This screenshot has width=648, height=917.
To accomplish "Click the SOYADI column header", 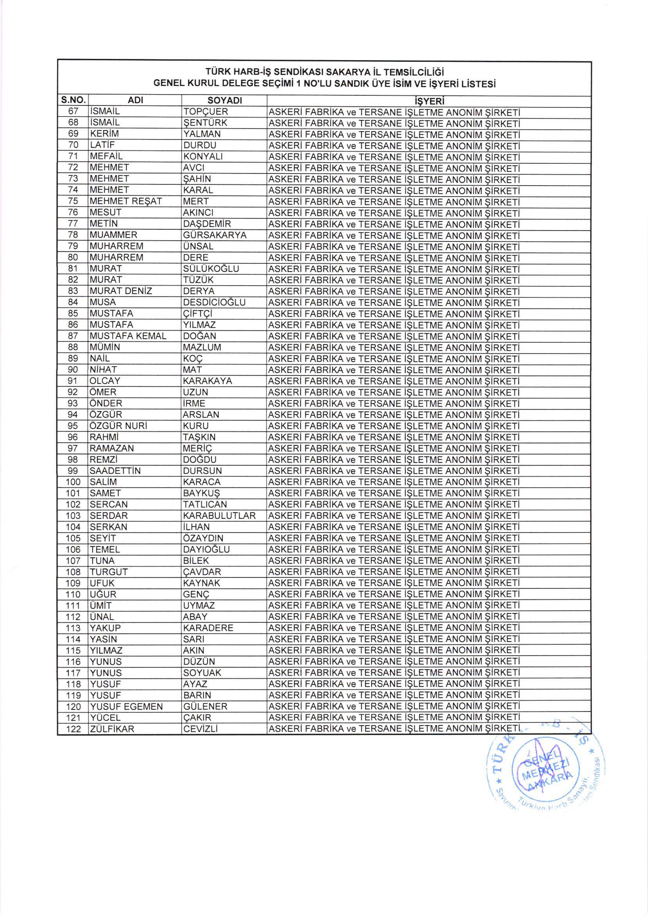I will [x=224, y=101].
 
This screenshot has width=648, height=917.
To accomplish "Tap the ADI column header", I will [x=136, y=101].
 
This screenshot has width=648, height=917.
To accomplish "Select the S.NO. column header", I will [x=73, y=100].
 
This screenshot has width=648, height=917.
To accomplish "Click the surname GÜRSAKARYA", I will [x=215, y=235].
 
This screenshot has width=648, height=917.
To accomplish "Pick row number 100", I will [x=73, y=482].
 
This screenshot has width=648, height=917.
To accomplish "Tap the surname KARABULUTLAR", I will [x=219, y=516].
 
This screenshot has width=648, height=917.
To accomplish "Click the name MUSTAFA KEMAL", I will [x=128, y=336].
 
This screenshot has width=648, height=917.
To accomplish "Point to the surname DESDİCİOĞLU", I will [x=214, y=302].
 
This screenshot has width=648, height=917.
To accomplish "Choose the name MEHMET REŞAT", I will [x=125, y=202].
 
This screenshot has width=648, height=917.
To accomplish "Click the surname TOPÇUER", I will [x=205, y=112].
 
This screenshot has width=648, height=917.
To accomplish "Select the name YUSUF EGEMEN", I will [x=126, y=706].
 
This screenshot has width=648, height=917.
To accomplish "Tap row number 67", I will [x=73, y=111].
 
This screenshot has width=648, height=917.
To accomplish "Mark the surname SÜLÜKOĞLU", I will [x=211, y=269].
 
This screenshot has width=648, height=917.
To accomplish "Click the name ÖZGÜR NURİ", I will [x=119, y=426].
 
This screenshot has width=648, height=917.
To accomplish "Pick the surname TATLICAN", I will [x=204, y=504].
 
